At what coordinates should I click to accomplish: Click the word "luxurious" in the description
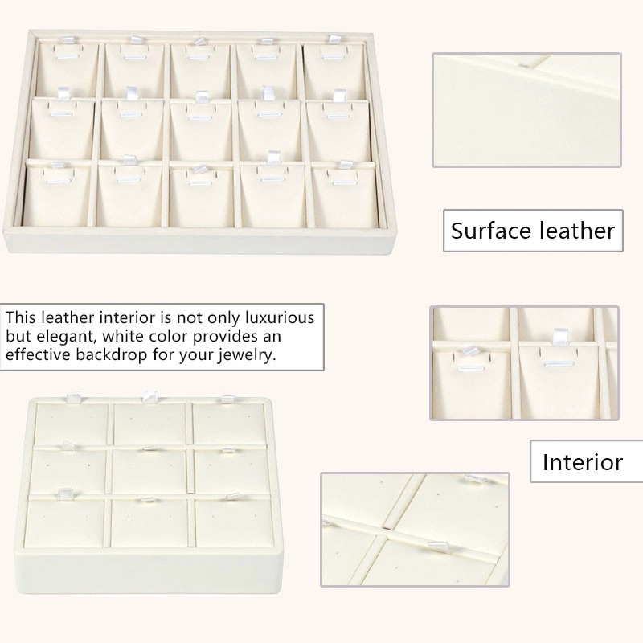click(280, 317)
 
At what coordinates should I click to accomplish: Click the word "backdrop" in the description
click(111, 354)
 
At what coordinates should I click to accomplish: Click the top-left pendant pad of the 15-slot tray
click(68, 71)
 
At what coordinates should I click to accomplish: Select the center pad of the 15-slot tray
click(200, 130)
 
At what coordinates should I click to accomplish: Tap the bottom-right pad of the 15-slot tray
click(346, 195)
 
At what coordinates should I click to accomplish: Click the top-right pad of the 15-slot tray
click(334, 71)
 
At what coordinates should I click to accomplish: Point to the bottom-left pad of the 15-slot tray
click(56, 195)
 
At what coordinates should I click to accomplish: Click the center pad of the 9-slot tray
click(150, 471)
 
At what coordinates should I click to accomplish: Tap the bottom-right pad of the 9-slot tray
click(235, 522)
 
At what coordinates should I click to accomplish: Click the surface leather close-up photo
click(526, 110)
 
